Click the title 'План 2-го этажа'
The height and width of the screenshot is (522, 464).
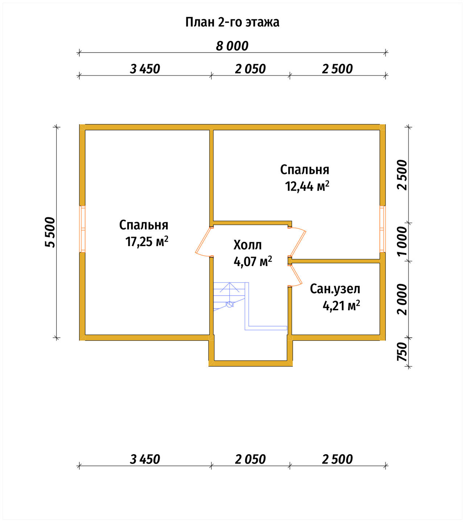(232, 23)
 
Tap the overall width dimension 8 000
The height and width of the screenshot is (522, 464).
(232, 46)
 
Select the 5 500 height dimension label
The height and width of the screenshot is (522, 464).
(50, 232)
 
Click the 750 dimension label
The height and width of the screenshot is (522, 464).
(402, 351)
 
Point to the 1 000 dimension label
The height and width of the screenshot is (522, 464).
(402, 241)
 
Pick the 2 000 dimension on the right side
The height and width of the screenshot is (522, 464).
(402, 300)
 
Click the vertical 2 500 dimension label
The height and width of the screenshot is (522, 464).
(402, 175)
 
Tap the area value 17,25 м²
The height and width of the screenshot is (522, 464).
(147, 242)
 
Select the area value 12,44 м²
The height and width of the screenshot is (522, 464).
(307, 186)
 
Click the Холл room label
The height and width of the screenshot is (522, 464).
(247, 245)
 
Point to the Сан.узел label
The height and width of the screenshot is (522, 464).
(335, 289)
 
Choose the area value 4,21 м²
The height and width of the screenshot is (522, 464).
(341, 306)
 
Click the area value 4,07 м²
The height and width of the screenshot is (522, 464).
(253, 262)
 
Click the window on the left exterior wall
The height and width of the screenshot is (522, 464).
(82, 229)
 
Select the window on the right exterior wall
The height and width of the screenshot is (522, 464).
(382, 229)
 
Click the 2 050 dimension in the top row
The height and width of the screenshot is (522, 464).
(250, 69)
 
